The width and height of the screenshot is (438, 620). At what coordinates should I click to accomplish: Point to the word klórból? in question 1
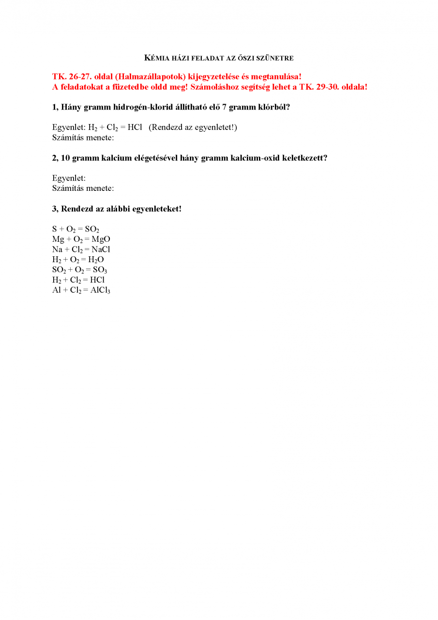[273, 107]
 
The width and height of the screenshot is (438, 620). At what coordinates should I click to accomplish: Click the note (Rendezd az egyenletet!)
[193, 127]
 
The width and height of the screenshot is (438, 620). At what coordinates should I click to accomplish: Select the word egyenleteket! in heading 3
[158, 209]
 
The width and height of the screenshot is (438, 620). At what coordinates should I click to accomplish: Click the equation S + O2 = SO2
[76, 230]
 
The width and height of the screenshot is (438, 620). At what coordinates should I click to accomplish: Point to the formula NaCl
[101, 249]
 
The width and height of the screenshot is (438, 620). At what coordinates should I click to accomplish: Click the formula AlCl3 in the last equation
[100, 290]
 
